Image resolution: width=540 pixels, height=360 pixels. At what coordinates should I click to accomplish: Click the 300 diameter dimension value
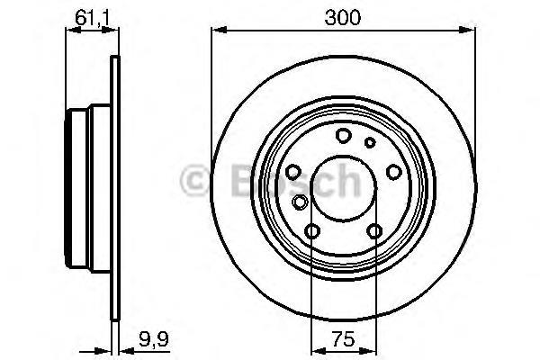tap(343, 17)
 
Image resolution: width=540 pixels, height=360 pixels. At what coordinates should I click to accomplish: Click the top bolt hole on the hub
tap(343, 136)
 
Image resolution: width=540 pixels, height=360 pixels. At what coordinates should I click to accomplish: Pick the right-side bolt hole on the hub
tap(392, 172)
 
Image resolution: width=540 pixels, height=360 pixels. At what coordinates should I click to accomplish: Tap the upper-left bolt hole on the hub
tap(293, 172)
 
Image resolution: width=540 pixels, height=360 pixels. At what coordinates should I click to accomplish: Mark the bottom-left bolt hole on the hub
tap(311, 232)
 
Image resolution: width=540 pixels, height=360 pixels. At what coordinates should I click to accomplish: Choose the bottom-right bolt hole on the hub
tap(374, 232)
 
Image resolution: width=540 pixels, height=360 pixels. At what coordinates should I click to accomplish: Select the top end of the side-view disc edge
tap(114, 59)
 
